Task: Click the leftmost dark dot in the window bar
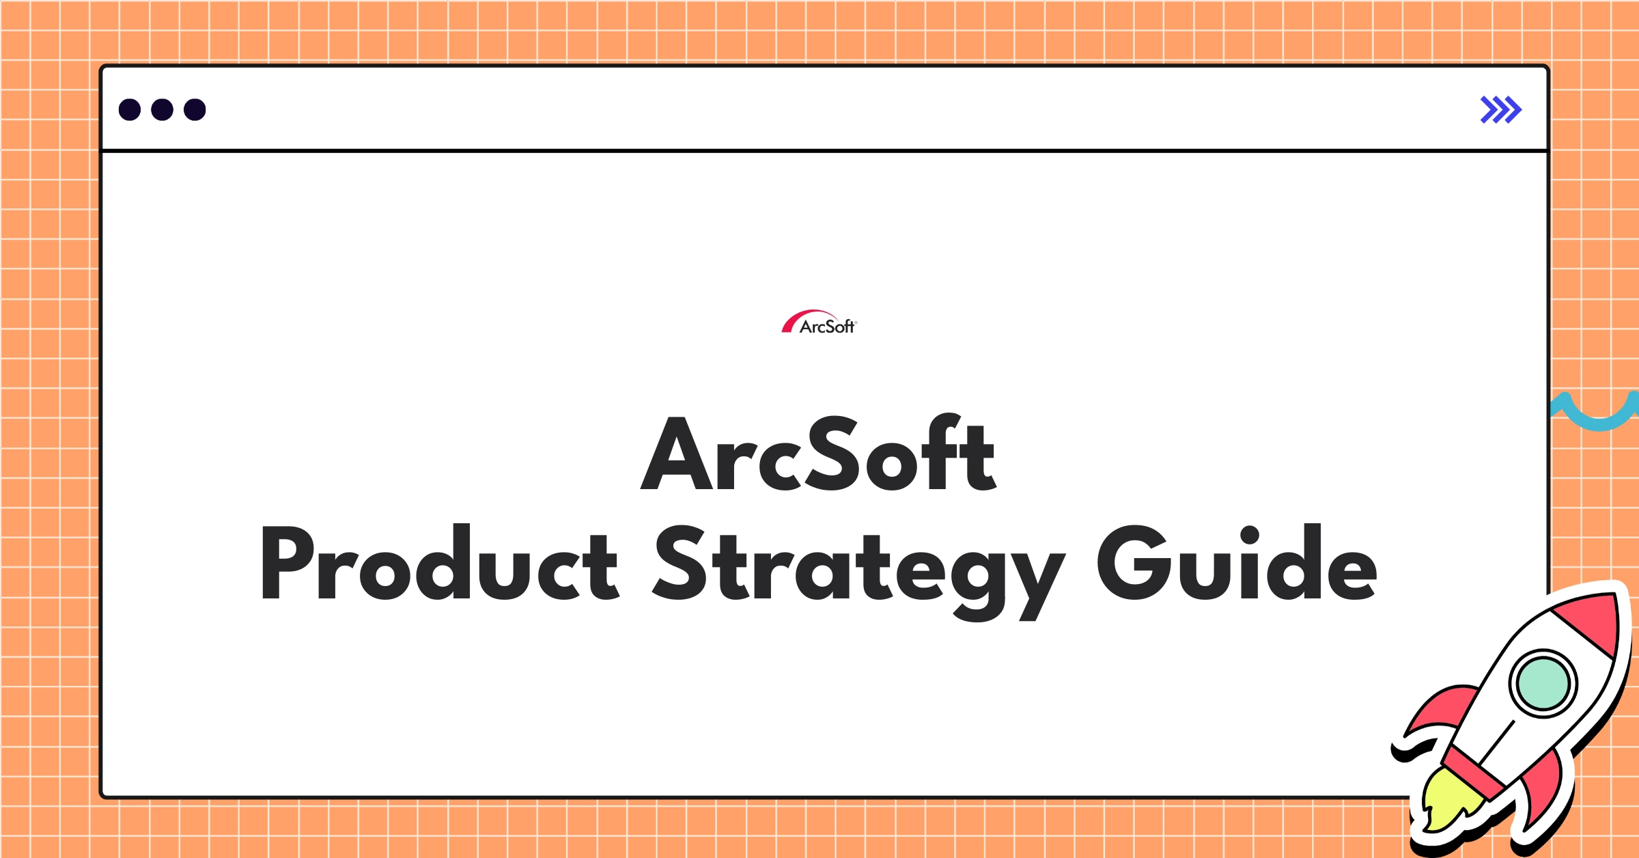click(130, 109)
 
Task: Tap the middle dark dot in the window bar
click(162, 109)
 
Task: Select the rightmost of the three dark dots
click(195, 109)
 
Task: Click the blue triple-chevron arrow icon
click(1500, 110)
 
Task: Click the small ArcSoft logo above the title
click(819, 322)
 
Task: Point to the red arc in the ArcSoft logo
click(796, 320)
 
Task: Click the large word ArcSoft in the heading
click(818, 454)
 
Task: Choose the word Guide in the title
click(1237, 564)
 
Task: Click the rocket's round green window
click(1543, 683)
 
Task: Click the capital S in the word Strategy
click(679, 564)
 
